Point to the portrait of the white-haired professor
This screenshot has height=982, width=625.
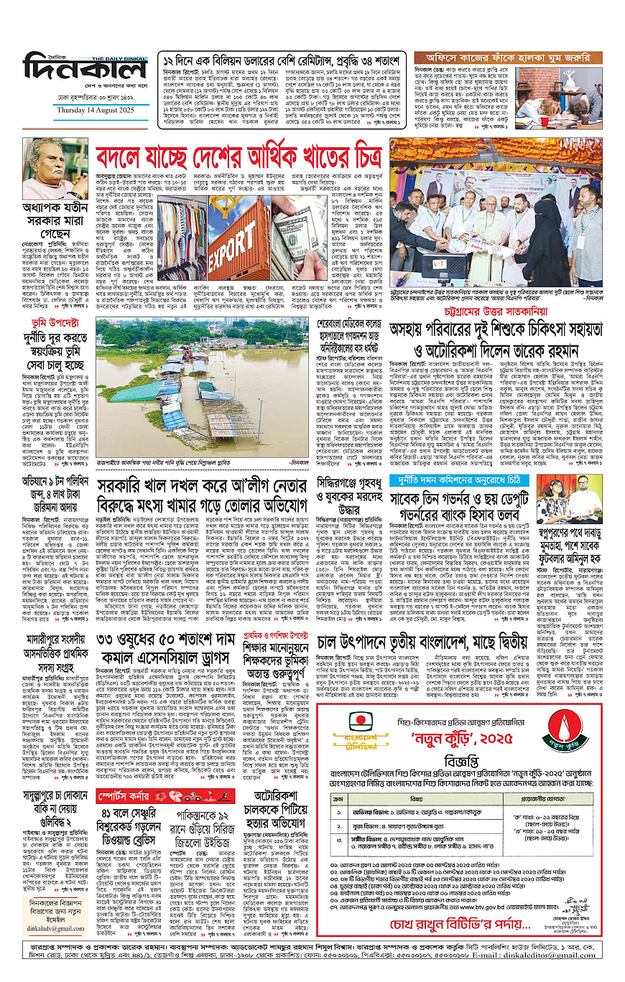pyautogui.click(x=55, y=169)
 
